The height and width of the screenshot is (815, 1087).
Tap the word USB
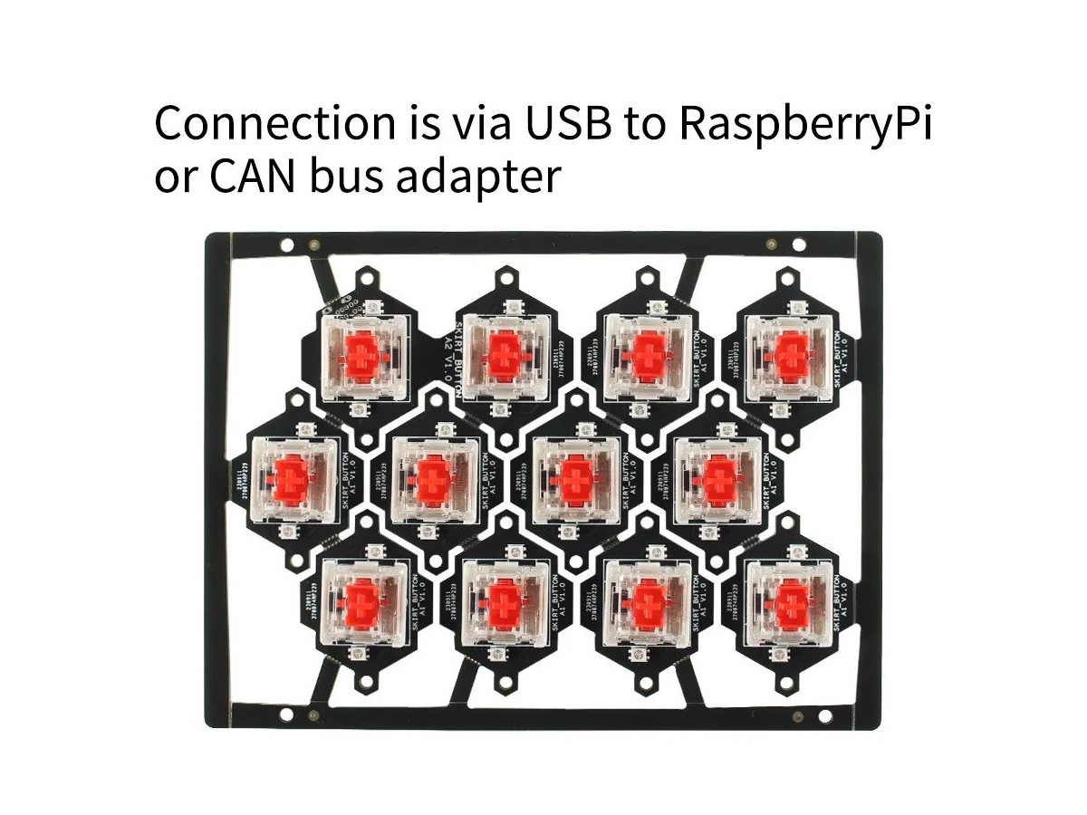[x=557, y=123]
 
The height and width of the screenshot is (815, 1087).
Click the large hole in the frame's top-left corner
[x=286, y=244]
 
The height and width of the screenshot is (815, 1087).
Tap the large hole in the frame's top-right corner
[x=799, y=244]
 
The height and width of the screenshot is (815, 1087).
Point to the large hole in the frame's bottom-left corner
[x=286, y=716]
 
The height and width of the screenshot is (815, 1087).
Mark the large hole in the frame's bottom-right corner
[x=799, y=715]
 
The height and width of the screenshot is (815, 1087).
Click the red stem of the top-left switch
[x=362, y=354]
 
